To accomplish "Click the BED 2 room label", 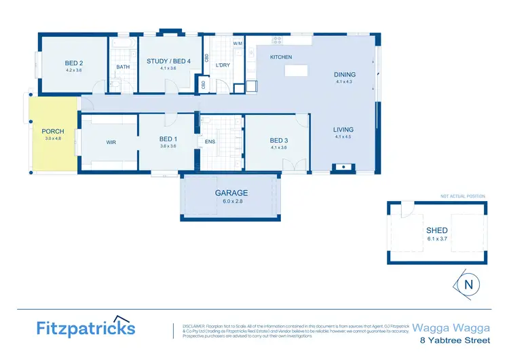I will (x=73, y=62).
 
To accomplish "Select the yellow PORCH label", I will (x=53, y=131).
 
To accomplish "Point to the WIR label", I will (x=111, y=143).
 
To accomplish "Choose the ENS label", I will (x=210, y=143).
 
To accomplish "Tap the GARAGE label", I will (x=231, y=193).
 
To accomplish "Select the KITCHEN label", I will (x=281, y=57).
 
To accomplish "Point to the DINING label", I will (x=345, y=75).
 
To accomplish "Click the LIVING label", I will (x=343, y=129).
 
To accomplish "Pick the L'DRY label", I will (x=223, y=65).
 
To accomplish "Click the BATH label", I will (x=123, y=67).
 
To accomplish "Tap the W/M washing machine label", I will (x=238, y=44).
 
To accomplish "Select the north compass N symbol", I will (x=468, y=285).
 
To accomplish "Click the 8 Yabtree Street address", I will (x=455, y=339).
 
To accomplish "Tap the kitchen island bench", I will (x=296, y=71).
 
